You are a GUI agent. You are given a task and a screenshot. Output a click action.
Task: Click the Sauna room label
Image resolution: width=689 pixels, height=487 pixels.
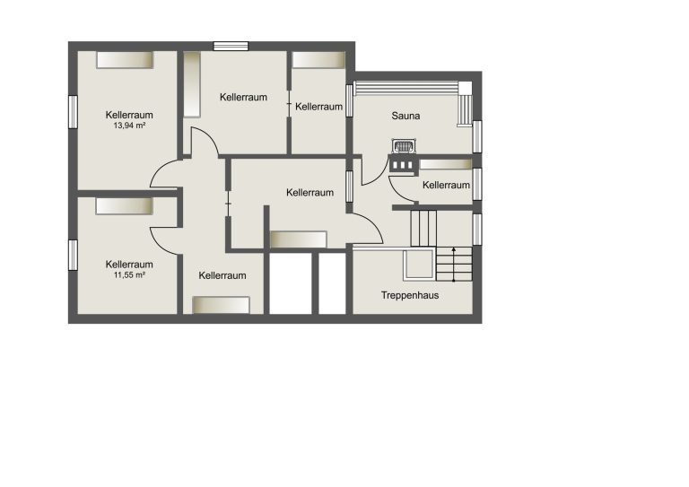point(406,116)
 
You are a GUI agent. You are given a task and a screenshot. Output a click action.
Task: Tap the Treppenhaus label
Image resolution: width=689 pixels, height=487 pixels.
point(410,296)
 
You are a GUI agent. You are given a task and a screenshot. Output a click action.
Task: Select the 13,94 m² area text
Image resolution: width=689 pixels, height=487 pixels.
point(129,126)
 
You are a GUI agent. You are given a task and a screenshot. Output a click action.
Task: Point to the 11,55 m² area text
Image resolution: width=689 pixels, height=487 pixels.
point(129,275)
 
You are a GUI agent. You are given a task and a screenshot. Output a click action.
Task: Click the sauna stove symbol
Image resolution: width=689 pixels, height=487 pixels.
point(404,146)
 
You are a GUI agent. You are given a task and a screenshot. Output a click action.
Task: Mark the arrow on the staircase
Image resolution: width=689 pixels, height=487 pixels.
point(454,265)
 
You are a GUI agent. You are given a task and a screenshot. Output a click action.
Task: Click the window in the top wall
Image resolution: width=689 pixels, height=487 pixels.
point(231,46)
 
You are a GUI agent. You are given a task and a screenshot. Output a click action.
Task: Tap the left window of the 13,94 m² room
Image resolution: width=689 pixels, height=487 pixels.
point(73,112)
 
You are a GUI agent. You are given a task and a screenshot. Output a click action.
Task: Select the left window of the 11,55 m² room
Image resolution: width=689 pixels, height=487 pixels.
point(73,255)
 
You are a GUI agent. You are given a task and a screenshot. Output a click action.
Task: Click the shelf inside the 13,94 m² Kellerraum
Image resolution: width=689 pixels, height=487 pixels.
point(125,60)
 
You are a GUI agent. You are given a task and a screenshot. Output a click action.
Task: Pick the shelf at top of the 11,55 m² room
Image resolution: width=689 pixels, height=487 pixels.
point(125,206)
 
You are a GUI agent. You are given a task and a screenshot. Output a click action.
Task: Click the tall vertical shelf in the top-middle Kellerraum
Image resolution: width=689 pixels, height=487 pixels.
point(192,84)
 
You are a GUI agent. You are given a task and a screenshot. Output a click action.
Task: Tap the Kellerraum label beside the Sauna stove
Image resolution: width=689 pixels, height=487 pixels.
point(446,186)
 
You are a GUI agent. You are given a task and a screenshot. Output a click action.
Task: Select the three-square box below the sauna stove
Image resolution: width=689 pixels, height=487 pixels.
point(402,165)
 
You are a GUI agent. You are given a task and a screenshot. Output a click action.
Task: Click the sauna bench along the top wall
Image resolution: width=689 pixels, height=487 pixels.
point(406,88)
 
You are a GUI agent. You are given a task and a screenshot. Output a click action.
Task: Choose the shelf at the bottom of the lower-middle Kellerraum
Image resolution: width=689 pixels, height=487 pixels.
point(221,305)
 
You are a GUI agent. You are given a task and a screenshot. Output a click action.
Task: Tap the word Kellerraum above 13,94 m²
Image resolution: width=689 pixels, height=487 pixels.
point(129,115)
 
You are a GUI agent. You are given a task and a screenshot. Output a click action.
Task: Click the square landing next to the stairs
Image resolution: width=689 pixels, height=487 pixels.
point(419,265)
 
